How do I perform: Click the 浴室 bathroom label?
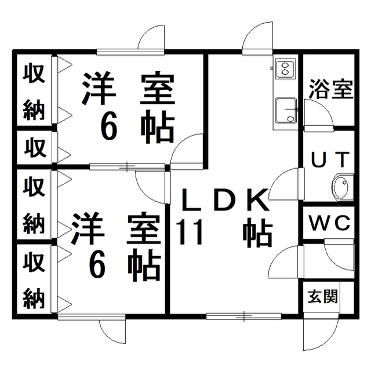[331, 89]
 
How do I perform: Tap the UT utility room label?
[330, 159]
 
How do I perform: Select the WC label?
[330, 223]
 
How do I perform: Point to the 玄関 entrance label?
[322, 296]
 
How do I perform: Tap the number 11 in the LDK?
[190, 232]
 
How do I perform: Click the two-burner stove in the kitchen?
[285, 68]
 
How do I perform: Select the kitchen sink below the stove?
[286, 111]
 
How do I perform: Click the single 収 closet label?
[35, 148]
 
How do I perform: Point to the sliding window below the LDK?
[243, 316]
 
